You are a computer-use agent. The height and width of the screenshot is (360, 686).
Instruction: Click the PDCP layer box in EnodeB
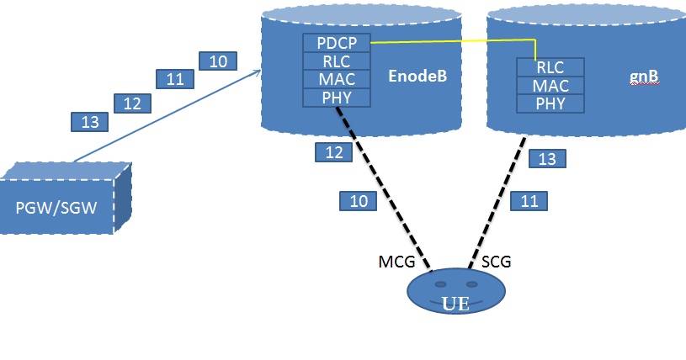coord(337,43)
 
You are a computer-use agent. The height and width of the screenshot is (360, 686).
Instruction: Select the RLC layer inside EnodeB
coord(337,61)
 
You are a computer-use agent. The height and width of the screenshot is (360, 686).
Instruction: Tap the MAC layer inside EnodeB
coord(337,80)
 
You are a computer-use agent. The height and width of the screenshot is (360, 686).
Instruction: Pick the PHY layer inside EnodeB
coord(337,98)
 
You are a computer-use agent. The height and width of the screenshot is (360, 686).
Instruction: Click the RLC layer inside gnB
coord(550,68)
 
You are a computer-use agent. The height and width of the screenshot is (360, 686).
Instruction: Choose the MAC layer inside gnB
coord(550,86)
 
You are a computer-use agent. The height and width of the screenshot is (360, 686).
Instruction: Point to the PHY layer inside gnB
coord(550,104)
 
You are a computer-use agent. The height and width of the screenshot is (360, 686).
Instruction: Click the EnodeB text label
coord(417,77)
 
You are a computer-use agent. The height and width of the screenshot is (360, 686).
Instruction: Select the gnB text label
coord(644,77)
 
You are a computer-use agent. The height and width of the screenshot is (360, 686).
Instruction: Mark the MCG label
coord(396,262)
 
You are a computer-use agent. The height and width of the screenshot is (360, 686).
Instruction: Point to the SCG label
coord(497,262)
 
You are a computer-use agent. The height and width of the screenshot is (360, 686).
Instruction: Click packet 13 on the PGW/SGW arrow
coord(89,122)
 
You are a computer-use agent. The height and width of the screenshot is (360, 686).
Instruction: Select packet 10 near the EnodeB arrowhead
coord(218,61)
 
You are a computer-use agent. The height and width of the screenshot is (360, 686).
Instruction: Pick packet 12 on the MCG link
coord(333,152)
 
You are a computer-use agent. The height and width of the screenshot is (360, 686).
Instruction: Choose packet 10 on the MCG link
coord(359,201)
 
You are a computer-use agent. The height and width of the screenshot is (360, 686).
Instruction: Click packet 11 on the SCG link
coord(529,201)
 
